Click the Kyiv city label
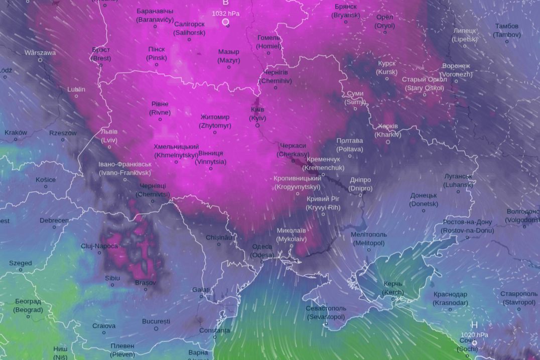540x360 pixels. point(257,113)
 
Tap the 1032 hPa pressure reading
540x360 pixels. point(225,14)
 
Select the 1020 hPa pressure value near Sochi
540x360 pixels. point(474,335)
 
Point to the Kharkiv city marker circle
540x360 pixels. point(388,142)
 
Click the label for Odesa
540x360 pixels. point(262,250)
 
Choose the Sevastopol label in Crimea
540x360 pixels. point(326,312)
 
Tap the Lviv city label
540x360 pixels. point(109,136)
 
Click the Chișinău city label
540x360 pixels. point(219,237)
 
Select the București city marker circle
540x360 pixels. point(156,329)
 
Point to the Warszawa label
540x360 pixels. point(40,52)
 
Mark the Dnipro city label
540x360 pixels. point(360,184)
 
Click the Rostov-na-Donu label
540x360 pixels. point(467,226)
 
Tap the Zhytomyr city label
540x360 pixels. point(215,121)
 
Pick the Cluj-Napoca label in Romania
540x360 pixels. point(99,246)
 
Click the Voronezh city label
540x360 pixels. point(456,70)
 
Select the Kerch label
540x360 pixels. point(393,288)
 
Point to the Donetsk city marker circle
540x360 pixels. point(424,211)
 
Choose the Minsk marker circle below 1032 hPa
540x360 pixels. point(225,22)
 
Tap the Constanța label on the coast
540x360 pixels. point(214,330)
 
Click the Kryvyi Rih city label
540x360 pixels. point(323,203)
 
